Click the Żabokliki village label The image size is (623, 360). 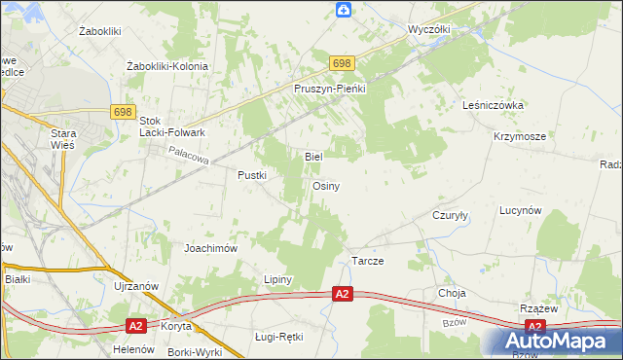coord(98,31)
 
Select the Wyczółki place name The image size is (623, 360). coord(429,30)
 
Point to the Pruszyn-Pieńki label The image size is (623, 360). coord(329,89)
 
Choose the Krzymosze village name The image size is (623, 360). coord(519,137)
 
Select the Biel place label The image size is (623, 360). coord(313,156)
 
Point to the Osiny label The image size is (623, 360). coord(325,186)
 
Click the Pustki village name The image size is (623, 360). coord(252,175)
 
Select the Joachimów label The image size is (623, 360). coord(211,248)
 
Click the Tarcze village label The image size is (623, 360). coord(367,263)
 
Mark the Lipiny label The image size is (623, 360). coord(278,279)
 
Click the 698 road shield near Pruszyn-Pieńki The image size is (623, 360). coord(341,63)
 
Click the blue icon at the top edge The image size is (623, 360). coord(343,11)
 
